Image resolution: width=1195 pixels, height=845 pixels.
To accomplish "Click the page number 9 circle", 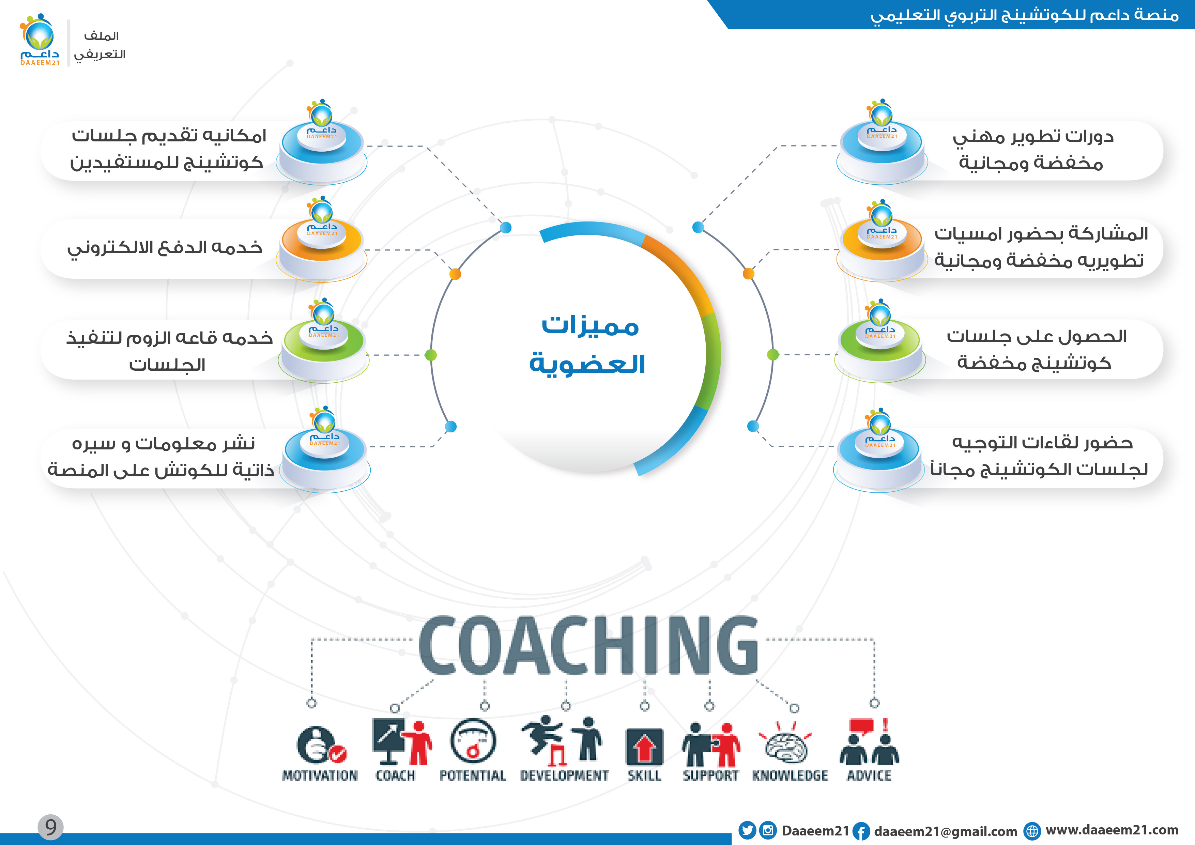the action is tap(50, 827).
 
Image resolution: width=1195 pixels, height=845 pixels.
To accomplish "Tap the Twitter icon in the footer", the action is tap(747, 830).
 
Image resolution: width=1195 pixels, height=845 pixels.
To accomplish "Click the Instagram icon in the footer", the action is tap(768, 830).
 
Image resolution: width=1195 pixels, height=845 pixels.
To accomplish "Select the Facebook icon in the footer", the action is tap(861, 831).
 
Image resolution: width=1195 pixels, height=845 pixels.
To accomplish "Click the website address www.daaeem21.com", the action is tap(1112, 830).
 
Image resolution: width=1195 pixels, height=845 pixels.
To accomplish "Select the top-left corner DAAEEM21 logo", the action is tap(40, 41).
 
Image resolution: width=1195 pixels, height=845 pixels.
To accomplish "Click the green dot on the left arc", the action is tap(431, 355).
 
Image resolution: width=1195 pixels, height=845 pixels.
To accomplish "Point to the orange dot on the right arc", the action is tap(748, 274).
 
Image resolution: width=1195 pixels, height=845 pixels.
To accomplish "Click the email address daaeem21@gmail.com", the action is tap(945, 831).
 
